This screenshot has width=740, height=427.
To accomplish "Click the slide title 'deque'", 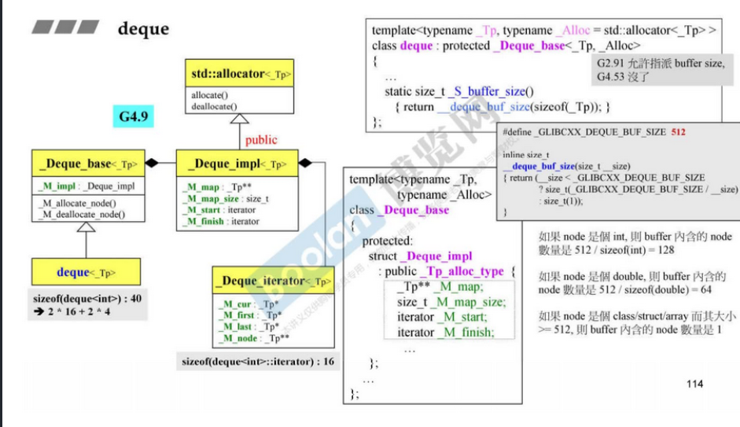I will click(x=143, y=29).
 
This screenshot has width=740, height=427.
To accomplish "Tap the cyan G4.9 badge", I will click(x=134, y=118).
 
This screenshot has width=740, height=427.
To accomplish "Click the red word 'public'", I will click(x=261, y=140).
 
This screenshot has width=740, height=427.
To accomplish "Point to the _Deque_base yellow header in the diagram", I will click(x=87, y=164).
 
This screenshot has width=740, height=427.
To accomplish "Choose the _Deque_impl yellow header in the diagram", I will click(x=237, y=164).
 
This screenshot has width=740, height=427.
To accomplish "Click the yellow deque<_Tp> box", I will click(x=87, y=273).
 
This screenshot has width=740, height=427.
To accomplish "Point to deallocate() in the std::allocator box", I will click(x=214, y=105).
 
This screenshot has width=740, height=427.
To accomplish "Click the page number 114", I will click(x=694, y=384).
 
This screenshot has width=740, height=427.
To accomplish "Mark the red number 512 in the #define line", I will click(x=679, y=132).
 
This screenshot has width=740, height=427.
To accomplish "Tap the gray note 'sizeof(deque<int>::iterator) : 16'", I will click(x=258, y=362).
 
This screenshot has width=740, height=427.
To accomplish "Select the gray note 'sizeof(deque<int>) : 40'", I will click(x=76, y=299).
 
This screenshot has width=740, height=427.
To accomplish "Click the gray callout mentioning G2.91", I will click(x=659, y=70).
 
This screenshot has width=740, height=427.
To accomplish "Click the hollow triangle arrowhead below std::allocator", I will click(x=240, y=120).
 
